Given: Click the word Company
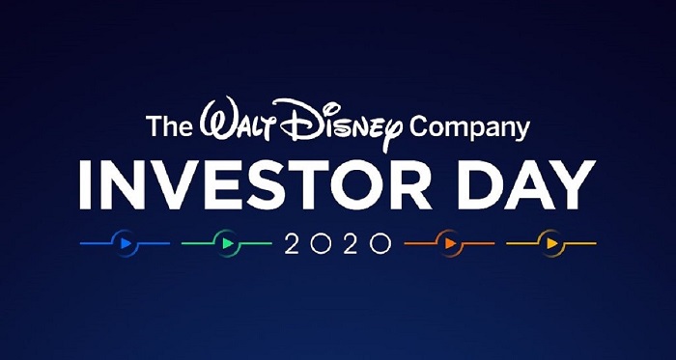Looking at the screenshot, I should click(469, 128).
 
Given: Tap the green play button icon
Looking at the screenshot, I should click(226, 242).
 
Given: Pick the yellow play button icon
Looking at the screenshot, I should click(550, 242).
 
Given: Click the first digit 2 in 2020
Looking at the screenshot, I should click(293, 243).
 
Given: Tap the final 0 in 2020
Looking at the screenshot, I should click(379, 243).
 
